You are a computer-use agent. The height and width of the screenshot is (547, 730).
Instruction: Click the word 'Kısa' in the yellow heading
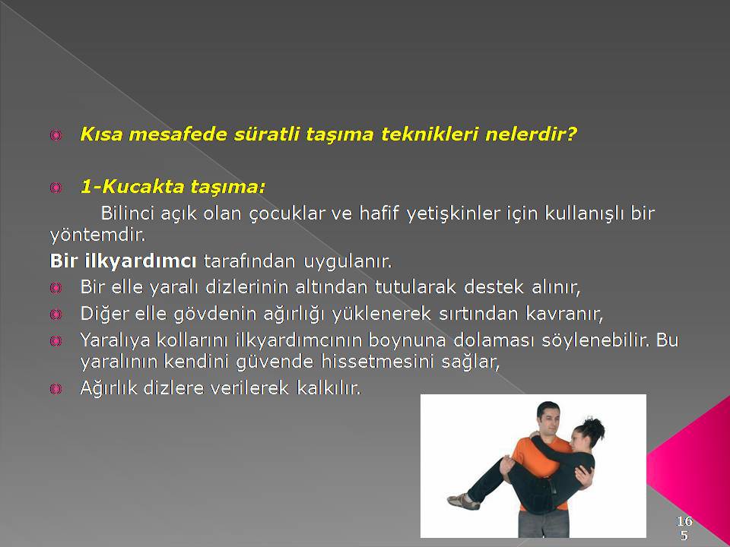click(x=101, y=134)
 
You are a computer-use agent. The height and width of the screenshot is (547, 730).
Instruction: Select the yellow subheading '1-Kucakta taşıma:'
click(x=173, y=187)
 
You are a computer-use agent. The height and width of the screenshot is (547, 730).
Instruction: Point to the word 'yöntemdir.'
click(x=98, y=235)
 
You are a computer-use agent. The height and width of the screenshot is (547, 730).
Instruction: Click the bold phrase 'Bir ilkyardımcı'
click(x=123, y=261)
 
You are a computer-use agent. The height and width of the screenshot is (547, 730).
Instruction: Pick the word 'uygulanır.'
click(x=348, y=261)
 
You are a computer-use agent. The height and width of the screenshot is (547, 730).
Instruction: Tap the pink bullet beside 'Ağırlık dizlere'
click(x=56, y=388)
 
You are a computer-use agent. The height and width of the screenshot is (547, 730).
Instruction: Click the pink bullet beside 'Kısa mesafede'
click(x=56, y=135)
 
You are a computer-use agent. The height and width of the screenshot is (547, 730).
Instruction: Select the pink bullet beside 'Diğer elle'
click(x=56, y=315)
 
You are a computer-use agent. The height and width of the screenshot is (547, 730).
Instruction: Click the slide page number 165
click(x=684, y=527)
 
